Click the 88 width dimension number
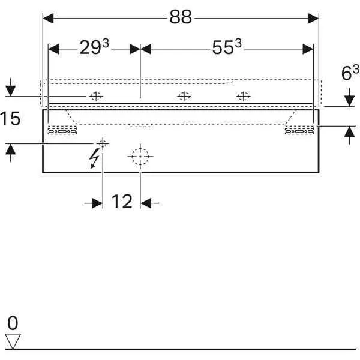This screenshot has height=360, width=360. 181,17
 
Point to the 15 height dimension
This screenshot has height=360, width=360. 10,118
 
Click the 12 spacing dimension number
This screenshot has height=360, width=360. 122,202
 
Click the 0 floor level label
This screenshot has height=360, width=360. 13,323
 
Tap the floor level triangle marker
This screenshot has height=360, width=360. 13,341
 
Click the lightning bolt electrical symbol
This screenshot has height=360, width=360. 94,158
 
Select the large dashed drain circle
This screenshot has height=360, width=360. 140,157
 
